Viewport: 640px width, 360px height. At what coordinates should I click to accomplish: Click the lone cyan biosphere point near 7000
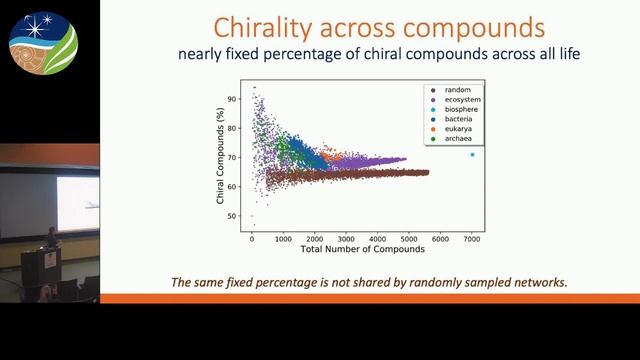472,155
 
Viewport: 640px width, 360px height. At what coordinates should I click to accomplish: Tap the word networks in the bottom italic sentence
536,282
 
